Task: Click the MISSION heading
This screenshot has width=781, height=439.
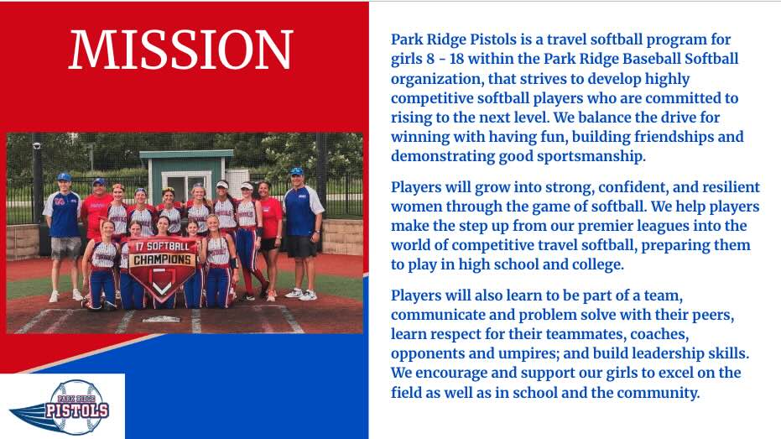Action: pyautogui.click(x=180, y=50)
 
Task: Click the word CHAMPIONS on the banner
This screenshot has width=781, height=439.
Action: pyautogui.click(x=162, y=259)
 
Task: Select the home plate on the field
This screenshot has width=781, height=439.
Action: pyautogui.click(x=161, y=319)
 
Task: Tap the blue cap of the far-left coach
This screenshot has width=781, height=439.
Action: pyautogui.click(x=64, y=176)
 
